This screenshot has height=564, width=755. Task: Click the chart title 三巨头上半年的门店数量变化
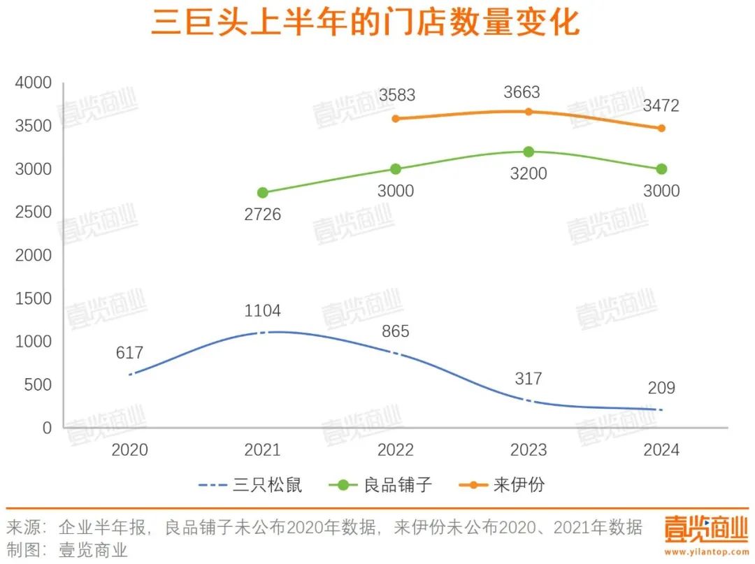(366, 23)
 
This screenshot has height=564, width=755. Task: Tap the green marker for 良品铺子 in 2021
(263, 193)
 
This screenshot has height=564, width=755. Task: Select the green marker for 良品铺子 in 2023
(528, 152)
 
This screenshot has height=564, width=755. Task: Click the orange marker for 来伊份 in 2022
(396, 119)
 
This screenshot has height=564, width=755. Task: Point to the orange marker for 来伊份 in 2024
(661, 129)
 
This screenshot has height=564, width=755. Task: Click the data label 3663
(522, 92)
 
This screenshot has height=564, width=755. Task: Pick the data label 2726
(263, 215)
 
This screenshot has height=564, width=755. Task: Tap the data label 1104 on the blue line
(263, 311)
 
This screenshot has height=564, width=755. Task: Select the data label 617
(130, 353)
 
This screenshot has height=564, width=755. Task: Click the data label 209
(661, 388)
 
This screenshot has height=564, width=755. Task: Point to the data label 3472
(661, 107)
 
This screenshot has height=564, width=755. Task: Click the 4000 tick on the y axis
(34, 83)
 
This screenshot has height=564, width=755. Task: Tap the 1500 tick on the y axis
(34, 298)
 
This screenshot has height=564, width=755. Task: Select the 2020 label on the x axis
(130, 449)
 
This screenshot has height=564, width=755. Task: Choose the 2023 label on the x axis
(528, 449)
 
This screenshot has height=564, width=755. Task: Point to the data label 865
(396, 332)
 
